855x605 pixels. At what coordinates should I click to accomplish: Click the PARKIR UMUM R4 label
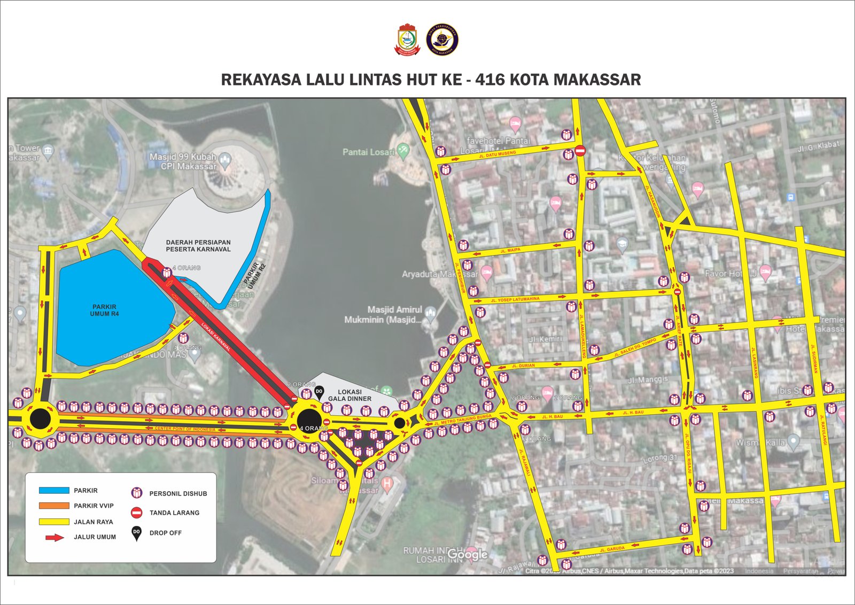click(104, 311)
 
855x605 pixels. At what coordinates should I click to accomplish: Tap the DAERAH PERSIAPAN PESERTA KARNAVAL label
click(198, 246)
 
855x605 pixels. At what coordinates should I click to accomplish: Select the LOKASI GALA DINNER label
click(349, 395)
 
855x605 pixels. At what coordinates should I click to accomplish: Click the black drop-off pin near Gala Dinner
click(319, 393)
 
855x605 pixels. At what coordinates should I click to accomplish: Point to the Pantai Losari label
click(369, 152)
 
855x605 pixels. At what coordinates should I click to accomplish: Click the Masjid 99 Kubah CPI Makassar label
click(183, 161)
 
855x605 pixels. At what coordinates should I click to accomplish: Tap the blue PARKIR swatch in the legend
click(54, 490)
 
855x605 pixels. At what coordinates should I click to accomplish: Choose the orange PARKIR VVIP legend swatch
click(54, 506)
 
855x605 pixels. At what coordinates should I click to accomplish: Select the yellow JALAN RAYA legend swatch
click(54, 522)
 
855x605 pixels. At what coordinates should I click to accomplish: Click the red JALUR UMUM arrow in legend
click(55, 537)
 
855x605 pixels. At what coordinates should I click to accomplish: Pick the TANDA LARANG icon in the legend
click(137, 513)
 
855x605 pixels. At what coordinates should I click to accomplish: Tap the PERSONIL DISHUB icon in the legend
click(137, 493)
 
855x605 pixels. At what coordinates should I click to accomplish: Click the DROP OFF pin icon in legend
click(137, 533)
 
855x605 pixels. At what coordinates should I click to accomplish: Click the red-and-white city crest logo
click(407, 40)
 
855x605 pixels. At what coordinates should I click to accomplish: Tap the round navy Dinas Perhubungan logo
click(442, 40)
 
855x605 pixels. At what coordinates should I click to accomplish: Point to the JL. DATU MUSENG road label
click(498, 154)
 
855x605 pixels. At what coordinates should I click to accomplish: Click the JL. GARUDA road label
click(612, 549)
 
